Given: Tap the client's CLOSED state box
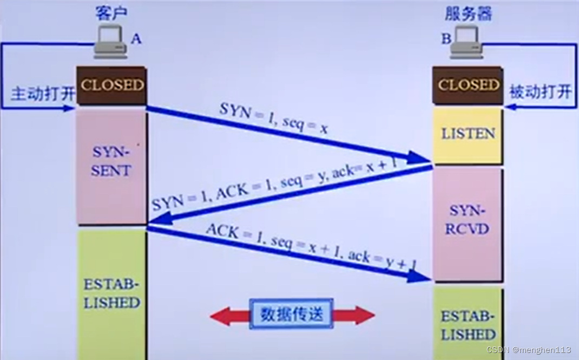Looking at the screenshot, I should coord(112,85).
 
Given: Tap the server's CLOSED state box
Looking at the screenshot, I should coord(468,85).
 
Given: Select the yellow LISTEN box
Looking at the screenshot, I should coord(468,134).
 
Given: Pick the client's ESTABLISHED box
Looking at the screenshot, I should coord(111,294).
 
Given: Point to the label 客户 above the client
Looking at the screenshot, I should coord(110,14).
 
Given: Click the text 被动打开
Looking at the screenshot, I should coord(540,91).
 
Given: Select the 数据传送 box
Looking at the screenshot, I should coord(291,313).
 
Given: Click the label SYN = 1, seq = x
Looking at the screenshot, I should coord(274,118).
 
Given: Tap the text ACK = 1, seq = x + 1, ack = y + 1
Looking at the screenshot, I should coord(311,248).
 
